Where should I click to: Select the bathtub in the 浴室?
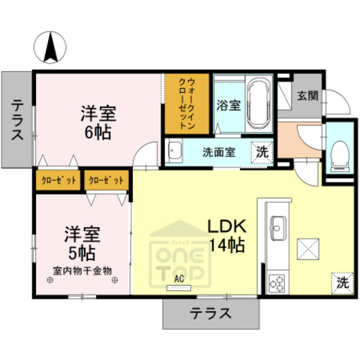[x=259, y=105]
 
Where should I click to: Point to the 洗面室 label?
[x=219, y=151]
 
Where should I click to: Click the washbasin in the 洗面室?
[x=175, y=151]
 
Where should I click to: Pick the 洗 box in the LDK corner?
[x=341, y=283]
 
